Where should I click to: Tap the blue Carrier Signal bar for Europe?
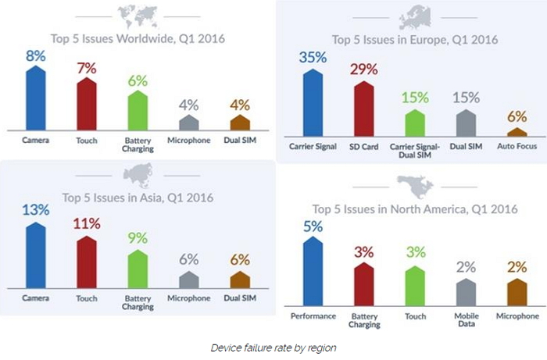(313, 102)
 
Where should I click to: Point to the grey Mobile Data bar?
(466, 291)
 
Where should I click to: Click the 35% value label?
(313, 58)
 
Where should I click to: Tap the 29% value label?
(364, 69)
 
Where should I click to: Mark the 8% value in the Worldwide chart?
(34, 56)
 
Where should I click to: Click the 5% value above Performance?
(313, 227)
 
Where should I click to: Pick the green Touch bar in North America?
(415, 286)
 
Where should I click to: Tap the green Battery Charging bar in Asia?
(138, 269)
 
